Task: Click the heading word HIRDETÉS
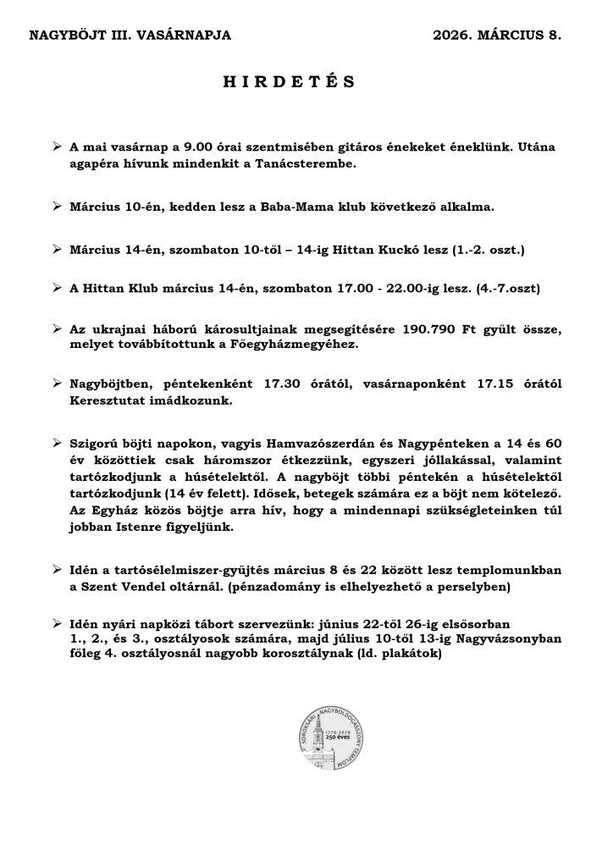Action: (289, 82)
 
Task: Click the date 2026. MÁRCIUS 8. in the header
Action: (496, 36)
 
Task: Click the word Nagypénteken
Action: (384, 445)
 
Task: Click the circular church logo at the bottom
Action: (331, 732)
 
